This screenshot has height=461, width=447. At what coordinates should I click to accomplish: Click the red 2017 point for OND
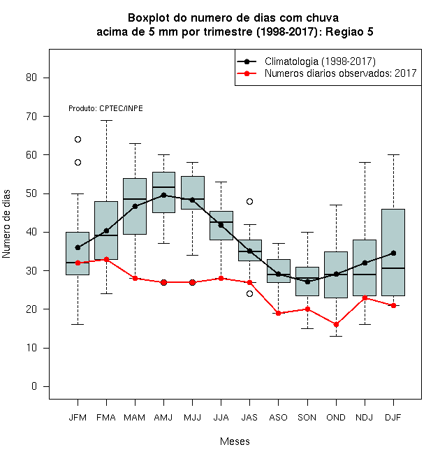pos(336,325)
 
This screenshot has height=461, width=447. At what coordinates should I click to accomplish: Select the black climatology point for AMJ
pos(164,195)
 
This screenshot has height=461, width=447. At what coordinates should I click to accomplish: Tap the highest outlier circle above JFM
pos(78,140)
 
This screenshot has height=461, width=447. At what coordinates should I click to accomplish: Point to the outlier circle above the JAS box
pos(249,201)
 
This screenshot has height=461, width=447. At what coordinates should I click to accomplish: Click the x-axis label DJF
pos(393,418)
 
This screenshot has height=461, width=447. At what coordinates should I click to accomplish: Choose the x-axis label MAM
pos(134,418)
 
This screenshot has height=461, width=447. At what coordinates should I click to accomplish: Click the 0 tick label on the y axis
pos(34,386)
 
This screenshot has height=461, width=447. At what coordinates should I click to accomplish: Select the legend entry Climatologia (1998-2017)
pos(306,61)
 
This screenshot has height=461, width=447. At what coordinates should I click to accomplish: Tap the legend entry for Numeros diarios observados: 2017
pos(327,73)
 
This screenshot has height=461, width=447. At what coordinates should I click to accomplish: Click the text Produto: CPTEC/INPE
pos(105,108)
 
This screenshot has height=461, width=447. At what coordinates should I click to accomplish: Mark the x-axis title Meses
pos(235,441)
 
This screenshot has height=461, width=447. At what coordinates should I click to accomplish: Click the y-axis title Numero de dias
pos(6,224)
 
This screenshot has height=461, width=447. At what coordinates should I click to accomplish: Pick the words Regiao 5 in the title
pos(349,31)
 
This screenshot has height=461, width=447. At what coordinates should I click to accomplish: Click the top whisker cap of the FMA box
pos(106,121)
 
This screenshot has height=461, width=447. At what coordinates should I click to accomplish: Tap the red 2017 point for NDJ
pos(365,298)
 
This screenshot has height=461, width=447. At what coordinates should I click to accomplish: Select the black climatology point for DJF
pos(393,253)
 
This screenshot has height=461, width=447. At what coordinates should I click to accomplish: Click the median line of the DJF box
pos(393,268)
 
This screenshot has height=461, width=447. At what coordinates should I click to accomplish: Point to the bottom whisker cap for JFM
pos(78,325)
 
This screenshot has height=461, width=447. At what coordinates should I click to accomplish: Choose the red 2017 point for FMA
pos(106,259)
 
